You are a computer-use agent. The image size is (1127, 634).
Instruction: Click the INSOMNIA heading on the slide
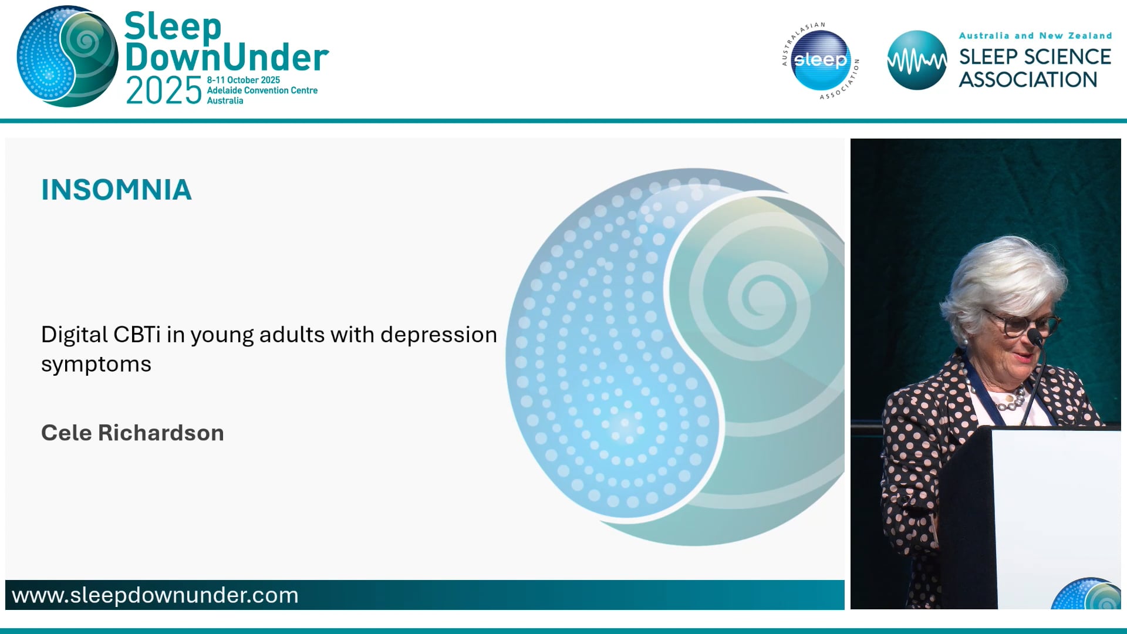[116, 190]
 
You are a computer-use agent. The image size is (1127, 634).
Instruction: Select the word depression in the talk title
[438, 335]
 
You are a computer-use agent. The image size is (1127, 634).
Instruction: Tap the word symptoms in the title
[96, 365]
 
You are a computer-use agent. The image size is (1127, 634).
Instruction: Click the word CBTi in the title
[137, 335]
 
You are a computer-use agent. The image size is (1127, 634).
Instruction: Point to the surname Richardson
[161, 433]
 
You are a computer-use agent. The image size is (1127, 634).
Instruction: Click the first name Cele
[66, 433]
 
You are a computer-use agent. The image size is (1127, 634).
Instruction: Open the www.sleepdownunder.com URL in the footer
[155, 595]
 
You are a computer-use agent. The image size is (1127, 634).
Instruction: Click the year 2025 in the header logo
[164, 92]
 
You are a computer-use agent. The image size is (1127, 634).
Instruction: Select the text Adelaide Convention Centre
[262, 90]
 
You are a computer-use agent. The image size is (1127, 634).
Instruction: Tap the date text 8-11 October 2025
[243, 80]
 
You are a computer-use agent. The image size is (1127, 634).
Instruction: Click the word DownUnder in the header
[227, 58]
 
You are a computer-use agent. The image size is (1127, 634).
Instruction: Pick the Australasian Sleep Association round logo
[820, 60]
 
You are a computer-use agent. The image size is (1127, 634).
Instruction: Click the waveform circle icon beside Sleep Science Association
[916, 60]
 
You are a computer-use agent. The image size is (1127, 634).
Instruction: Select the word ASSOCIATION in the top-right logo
[1028, 80]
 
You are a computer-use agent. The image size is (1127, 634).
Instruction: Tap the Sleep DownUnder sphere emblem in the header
[68, 57]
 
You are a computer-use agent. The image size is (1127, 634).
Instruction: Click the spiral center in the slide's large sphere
[763, 295]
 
